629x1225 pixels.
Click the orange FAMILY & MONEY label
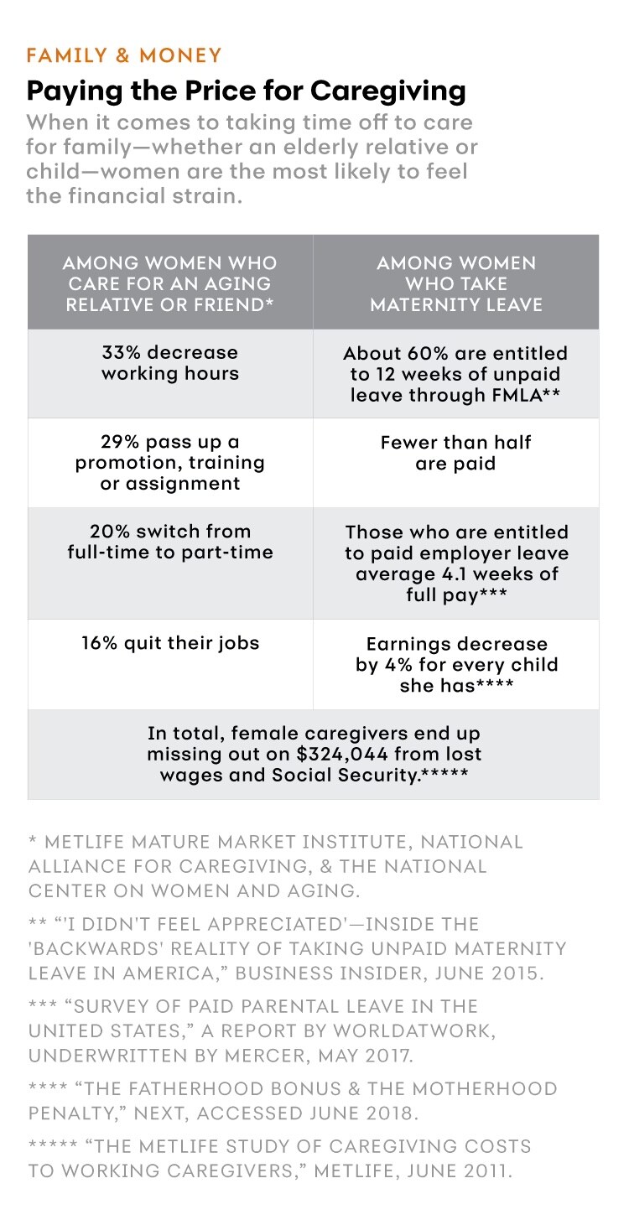[x=124, y=56]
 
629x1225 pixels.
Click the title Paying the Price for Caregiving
[x=247, y=90]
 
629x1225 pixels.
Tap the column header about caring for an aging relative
[x=170, y=283]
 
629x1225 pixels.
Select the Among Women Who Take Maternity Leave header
[x=456, y=283]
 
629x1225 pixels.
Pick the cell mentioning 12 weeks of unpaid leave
[x=456, y=373]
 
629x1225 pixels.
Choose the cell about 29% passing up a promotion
[x=170, y=462]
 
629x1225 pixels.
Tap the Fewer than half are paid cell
[x=456, y=452]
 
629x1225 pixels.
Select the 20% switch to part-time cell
[x=170, y=542]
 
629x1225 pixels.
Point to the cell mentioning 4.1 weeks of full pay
[x=456, y=563]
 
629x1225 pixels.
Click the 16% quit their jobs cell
[x=170, y=643]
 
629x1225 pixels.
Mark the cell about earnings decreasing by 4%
[x=456, y=665]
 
